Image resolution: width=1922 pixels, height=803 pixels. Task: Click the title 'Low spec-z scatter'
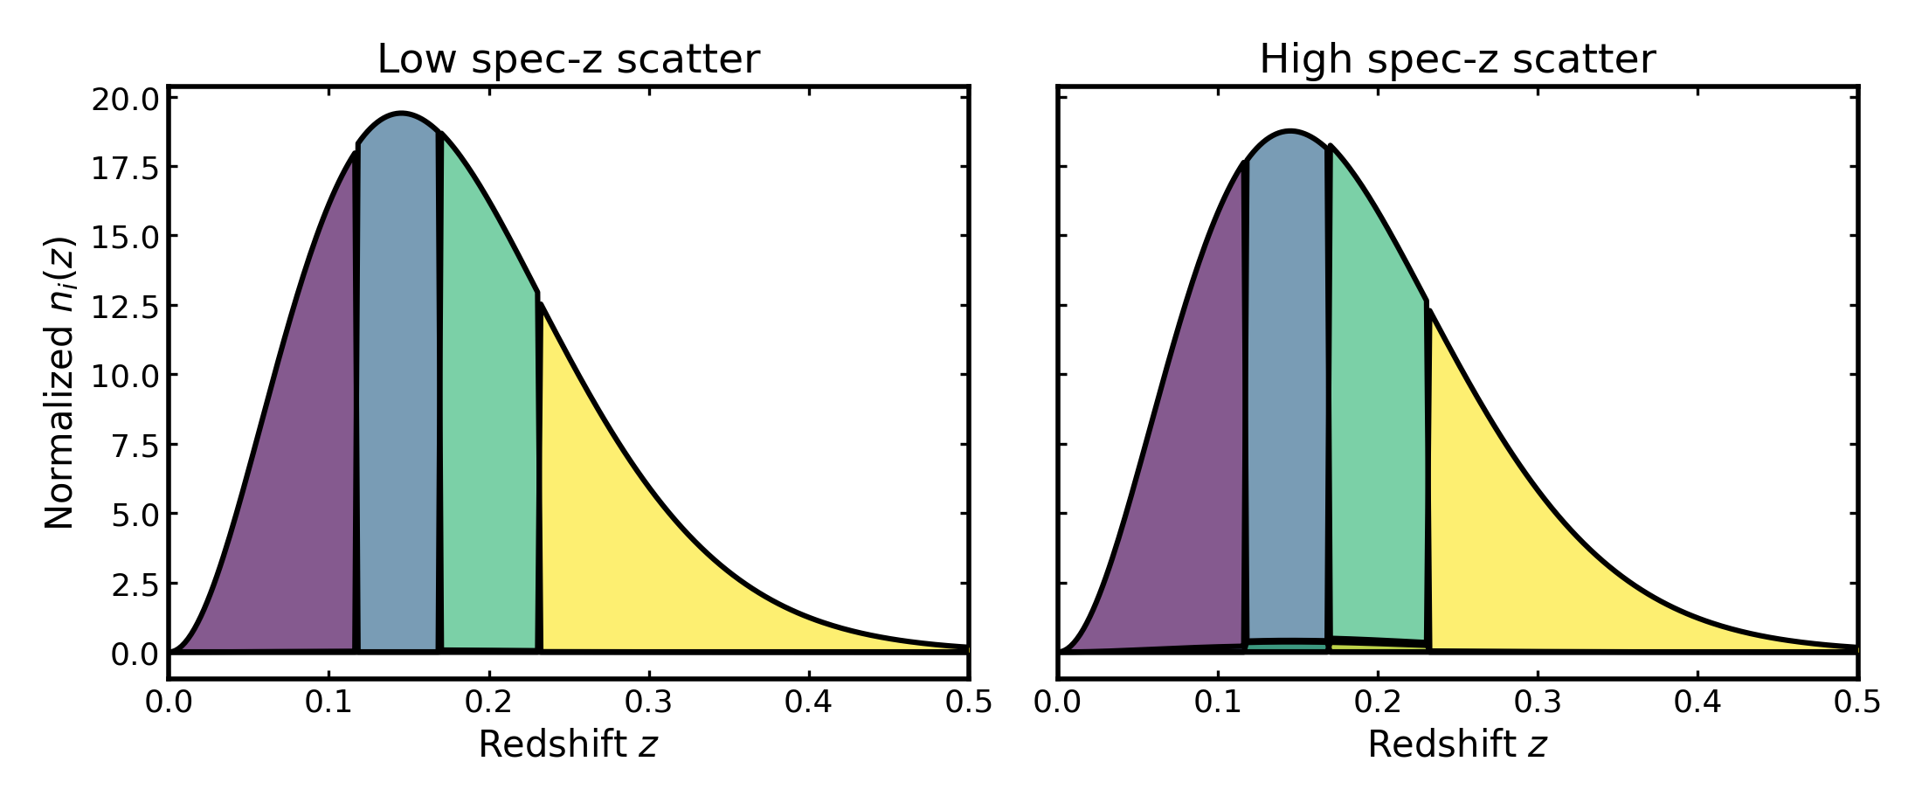point(568,59)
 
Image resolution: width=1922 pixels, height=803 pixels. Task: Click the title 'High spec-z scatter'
point(1457,59)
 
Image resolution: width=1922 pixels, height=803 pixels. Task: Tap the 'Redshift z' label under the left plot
point(568,744)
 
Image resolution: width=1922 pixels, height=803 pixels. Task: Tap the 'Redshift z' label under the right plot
point(1457,744)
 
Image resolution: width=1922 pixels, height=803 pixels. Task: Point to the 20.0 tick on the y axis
point(126,100)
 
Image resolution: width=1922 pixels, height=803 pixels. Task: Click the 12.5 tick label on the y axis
point(126,308)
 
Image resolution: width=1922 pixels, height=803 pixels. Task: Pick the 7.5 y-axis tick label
point(135,446)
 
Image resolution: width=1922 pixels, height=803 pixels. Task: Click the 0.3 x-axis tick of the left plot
point(649,702)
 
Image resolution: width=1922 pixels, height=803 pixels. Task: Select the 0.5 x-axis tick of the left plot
point(968,702)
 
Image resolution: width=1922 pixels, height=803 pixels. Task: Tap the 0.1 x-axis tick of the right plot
point(1218,702)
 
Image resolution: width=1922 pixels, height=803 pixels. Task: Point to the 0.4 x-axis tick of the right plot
point(1697,702)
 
